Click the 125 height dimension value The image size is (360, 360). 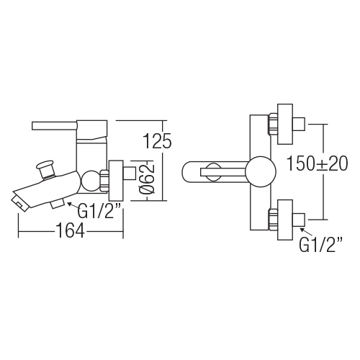[x=157, y=141]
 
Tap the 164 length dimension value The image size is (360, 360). [x=70, y=230]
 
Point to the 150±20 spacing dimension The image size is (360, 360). [x=318, y=163]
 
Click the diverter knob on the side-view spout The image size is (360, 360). [x=45, y=169]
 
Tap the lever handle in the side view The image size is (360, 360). [x=55, y=126]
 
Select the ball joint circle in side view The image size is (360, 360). [x=90, y=181]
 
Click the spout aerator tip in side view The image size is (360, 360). [x=19, y=203]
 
